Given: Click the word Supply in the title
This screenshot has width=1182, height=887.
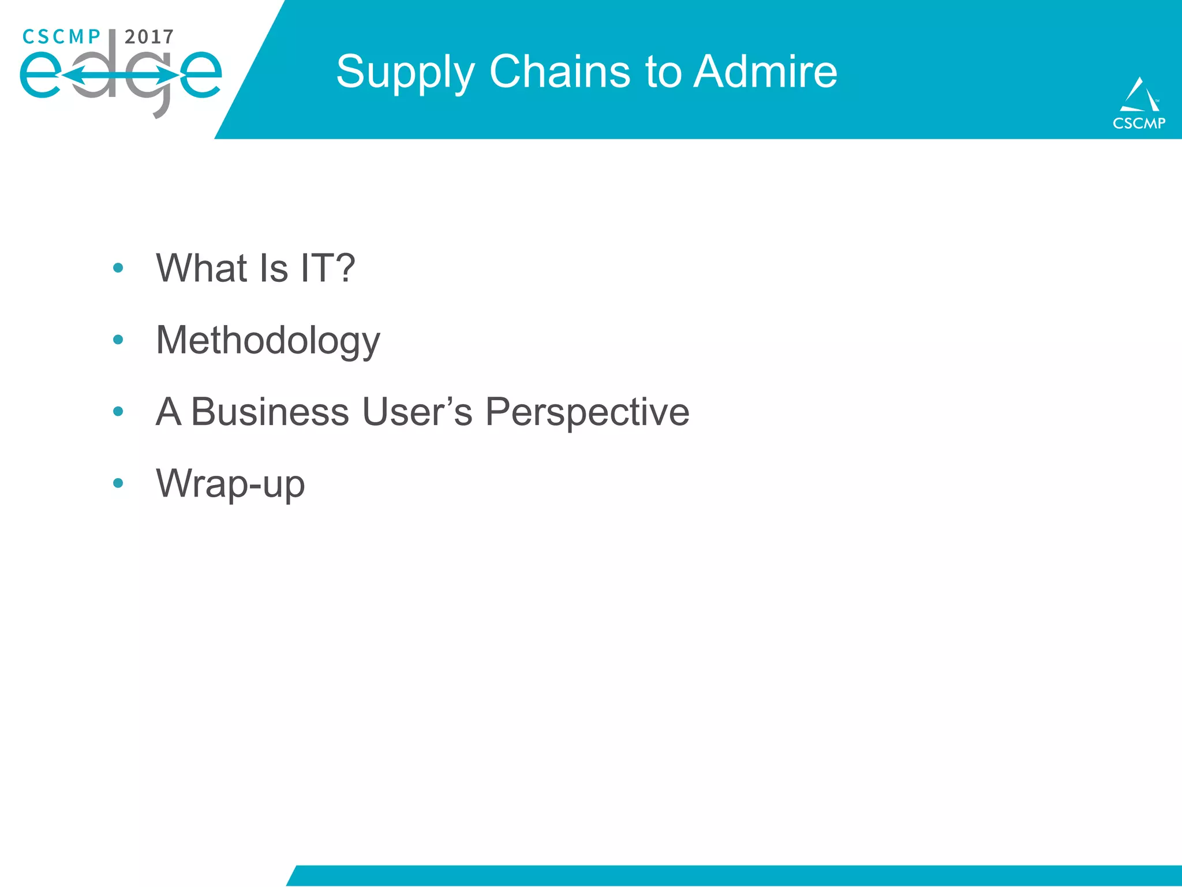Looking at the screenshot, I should [x=405, y=73].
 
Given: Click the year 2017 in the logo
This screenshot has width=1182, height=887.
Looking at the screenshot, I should [x=149, y=37].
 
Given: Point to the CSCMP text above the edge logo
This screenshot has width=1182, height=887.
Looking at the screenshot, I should [x=61, y=37].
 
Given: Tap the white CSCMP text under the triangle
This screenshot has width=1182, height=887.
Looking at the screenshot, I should [x=1139, y=123].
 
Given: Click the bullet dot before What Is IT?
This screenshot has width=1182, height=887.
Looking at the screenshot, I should [x=118, y=268].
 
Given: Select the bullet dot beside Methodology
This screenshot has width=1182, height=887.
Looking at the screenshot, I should [x=118, y=340].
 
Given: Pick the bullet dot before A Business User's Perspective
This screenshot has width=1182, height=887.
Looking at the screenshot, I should [x=118, y=411].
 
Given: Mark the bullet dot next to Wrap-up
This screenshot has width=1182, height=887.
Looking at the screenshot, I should [x=118, y=483].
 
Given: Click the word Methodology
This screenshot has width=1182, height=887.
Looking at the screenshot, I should [x=268, y=341].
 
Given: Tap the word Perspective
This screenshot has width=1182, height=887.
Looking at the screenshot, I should [x=587, y=412].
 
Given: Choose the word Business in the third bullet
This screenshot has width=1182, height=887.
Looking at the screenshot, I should [x=270, y=412].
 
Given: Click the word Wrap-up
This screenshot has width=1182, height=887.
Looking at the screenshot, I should [x=230, y=484].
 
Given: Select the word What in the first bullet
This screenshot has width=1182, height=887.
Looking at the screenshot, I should [x=201, y=268].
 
